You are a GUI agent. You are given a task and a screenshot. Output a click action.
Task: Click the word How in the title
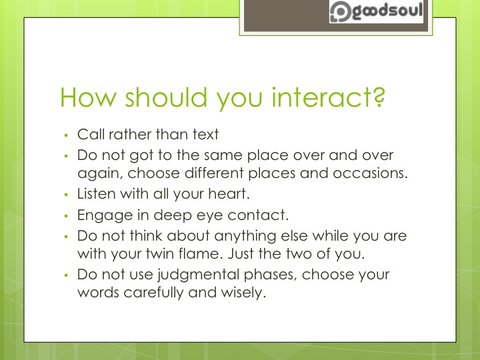(84, 98)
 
